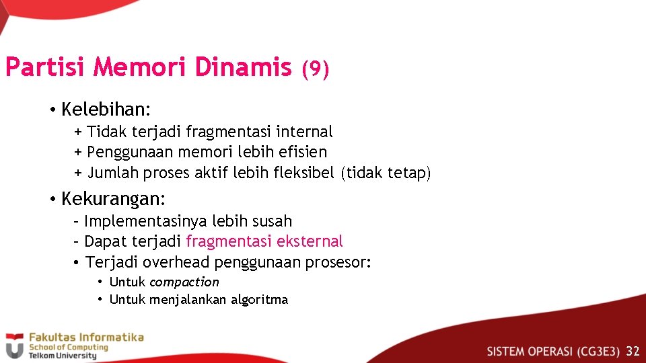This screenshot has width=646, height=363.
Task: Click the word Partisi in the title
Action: point(46,67)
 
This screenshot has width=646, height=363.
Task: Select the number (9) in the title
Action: point(315,69)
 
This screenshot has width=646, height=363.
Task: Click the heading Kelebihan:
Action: point(106,109)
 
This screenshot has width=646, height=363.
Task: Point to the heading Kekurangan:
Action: point(113,199)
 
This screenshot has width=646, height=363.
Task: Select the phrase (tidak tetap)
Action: point(386,173)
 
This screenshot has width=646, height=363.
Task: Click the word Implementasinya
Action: point(145,221)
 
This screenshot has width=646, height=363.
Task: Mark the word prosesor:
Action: point(338,263)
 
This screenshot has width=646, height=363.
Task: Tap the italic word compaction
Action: point(184,282)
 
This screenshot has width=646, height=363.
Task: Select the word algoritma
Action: point(259,300)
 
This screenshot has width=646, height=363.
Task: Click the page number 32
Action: point(633,351)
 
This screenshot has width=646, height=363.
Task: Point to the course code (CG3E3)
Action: point(597,351)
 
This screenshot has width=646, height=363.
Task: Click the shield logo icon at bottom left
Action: point(14,346)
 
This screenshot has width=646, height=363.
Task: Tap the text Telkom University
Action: point(62,356)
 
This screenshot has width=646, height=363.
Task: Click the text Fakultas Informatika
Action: point(85,337)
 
